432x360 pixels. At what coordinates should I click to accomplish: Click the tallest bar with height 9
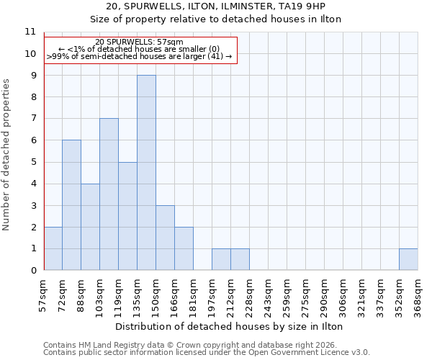146,173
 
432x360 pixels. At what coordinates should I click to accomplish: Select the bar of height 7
109,194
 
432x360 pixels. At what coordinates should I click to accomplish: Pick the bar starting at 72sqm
71,205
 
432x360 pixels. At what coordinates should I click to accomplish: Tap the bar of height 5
127,216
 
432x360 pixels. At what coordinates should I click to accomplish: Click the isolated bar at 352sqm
408,259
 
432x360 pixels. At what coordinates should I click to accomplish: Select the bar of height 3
165,238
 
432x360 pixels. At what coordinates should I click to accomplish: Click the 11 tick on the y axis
30,32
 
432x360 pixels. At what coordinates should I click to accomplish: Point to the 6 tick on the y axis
32,140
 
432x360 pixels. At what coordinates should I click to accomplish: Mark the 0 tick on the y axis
32,271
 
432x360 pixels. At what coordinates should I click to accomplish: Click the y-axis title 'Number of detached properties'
7,155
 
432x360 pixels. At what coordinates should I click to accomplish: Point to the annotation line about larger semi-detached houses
140,56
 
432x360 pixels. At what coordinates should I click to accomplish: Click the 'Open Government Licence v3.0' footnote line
207,353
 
